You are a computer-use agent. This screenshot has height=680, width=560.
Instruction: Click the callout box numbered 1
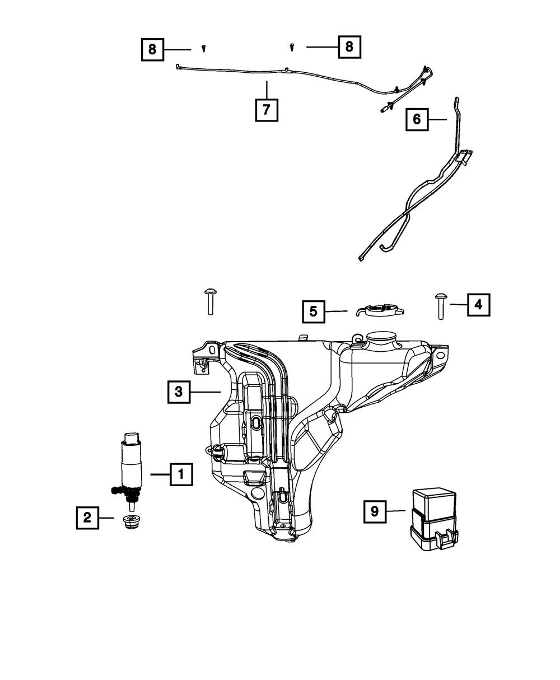click(x=180, y=474)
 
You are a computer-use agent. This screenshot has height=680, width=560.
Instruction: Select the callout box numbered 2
click(x=87, y=518)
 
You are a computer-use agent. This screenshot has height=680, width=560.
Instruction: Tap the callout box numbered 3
click(x=179, y=392)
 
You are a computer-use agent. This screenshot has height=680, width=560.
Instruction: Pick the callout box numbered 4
click(x=478, y=305)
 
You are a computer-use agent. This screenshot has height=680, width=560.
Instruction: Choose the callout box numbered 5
click(x=314, y=311)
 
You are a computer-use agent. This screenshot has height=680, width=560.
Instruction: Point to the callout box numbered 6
click(x=417, y=119)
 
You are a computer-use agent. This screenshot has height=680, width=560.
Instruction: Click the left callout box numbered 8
click(x=152, y=49)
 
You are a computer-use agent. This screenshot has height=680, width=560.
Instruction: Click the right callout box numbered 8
click(x=349, y=46)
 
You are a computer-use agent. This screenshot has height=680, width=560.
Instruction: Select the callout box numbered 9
click(x=375, y=511)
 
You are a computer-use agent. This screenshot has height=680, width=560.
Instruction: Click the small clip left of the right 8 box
click(x=292, y=48)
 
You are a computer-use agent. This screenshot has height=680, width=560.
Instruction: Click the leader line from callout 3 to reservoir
click(x=206, y=392)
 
